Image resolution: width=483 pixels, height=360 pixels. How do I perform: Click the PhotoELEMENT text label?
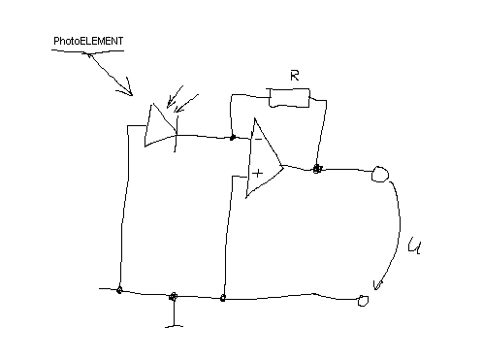[x=89, y=41]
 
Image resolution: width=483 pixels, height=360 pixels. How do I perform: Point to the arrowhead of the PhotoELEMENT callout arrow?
[x=126, y=93]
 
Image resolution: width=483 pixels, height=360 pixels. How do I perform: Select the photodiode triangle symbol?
[x=158, y=125]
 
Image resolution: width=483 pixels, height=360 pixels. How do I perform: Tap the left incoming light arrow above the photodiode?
[x=174, y=98]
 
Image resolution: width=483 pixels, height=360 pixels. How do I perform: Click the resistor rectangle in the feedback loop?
[x=288, y=97]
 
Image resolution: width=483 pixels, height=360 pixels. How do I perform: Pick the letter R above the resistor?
[x=295, y=76]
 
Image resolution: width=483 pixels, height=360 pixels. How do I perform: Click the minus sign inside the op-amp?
[x=257, y=140]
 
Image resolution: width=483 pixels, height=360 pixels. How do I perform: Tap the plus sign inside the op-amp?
[x=258, y=173]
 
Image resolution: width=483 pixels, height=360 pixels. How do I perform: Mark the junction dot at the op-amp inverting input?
[x=233, y=137]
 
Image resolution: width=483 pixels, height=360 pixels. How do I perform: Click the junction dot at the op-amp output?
[x=317, y=169]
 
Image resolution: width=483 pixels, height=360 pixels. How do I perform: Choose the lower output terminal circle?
[x=363, y=301]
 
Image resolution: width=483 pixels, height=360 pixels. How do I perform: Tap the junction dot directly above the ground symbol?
[x=174, y=297]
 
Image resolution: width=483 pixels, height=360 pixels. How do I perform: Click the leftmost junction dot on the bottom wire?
[x=119, y=290]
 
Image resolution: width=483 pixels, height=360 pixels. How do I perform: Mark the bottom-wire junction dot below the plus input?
[x=224, y=298]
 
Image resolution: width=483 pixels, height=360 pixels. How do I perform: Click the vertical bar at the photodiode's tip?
[x=176, y=137]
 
